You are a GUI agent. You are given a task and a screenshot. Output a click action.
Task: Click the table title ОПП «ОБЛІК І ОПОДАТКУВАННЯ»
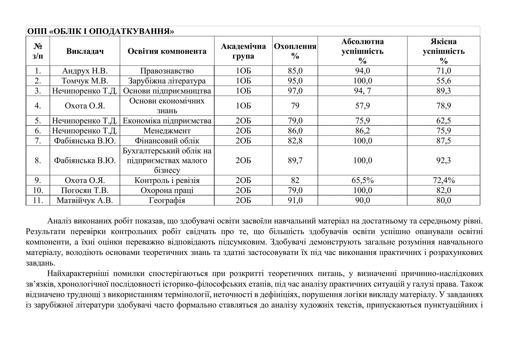101,32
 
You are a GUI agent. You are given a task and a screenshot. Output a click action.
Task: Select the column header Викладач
85,51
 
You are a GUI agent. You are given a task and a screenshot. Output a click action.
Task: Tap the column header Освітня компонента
167,51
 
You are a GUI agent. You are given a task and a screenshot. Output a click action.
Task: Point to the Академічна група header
243,51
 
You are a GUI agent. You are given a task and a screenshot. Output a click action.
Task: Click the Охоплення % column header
295,51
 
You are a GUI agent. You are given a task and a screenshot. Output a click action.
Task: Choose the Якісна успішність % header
443,51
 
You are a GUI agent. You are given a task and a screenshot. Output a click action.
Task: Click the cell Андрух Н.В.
85,71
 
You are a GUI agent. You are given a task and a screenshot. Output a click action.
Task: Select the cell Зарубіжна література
167,81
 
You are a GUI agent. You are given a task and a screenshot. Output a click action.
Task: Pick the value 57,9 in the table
362,106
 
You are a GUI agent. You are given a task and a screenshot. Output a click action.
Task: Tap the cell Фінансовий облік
167,141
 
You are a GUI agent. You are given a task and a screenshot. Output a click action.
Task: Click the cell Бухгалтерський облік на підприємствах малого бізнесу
167,160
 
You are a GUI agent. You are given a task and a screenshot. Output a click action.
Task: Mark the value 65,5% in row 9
362,180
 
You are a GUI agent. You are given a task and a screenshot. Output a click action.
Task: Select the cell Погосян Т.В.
85,190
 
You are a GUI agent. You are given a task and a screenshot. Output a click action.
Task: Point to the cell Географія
167,201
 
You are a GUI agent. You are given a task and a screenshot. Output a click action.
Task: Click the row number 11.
38,201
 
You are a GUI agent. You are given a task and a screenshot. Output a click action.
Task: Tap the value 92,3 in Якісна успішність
443,160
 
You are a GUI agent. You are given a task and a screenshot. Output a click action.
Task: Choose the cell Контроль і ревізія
167,180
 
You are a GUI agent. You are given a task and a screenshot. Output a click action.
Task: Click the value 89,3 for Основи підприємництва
443,91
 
